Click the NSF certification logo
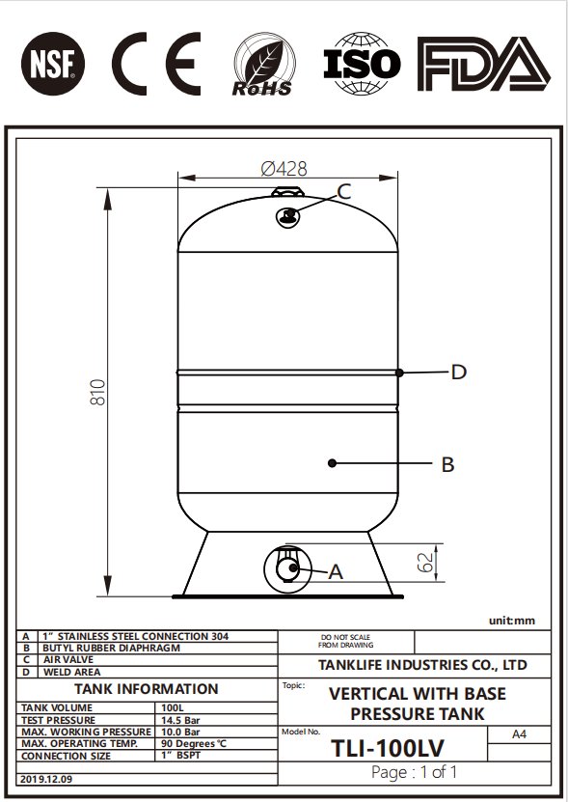point(53,64)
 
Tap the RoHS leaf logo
point(264,65)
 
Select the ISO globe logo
point(362,64)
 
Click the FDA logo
point(484,64)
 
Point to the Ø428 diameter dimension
point(284,169)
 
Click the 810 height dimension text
point(97,392)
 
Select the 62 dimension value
point(425,563)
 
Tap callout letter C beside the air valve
point(344,192)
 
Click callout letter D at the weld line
point(459,372)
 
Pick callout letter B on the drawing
point(447,464)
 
